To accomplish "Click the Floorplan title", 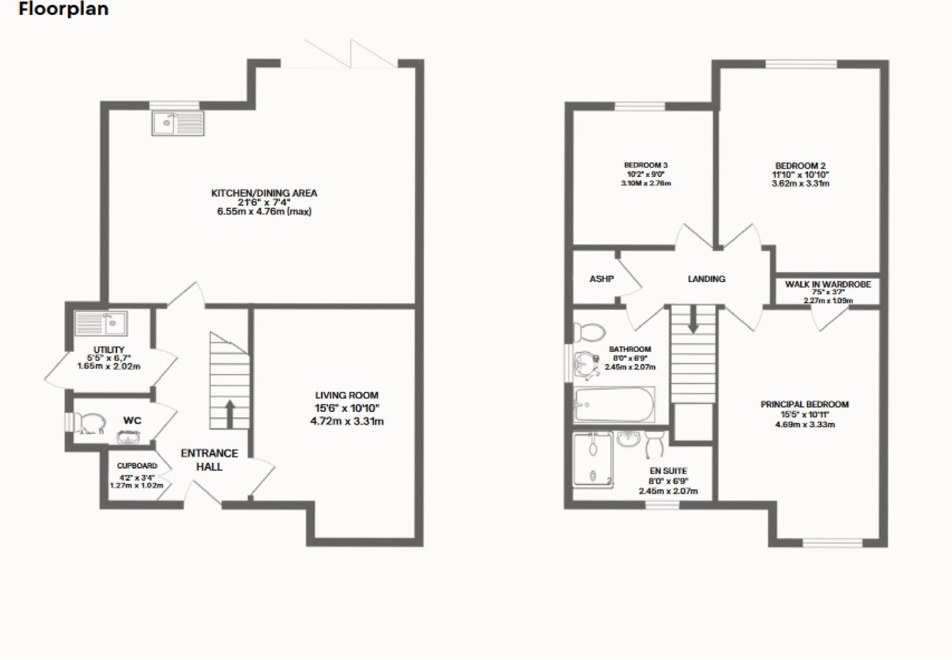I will point(63,9).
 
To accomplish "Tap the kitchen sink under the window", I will point(178,123).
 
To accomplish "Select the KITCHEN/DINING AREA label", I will point(264,193).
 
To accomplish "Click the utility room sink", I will point(101,323).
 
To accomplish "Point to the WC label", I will point(132,421).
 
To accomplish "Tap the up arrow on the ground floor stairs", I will point(230,413).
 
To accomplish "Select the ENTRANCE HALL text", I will point(209,460).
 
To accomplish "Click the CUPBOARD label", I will point(137,466).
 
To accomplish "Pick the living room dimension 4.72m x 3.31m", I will point(347,422).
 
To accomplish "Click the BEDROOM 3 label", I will point(646,165).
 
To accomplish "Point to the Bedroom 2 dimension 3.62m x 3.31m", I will point(800,184).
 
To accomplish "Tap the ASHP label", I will point(602,279).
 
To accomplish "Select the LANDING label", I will point(707,279).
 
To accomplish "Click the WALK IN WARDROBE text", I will point(828,284).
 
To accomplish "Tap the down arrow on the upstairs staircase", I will point(693,320).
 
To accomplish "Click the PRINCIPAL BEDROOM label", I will point(805,404).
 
